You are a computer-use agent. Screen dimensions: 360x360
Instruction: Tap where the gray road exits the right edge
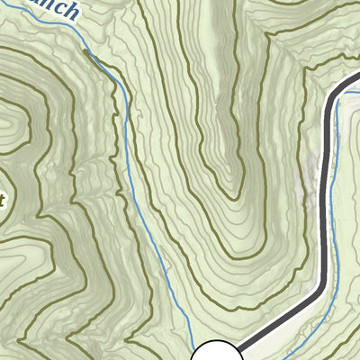click(x=357, y=79)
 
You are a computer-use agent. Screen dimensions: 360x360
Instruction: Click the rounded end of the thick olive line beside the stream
click(x=86, y=52)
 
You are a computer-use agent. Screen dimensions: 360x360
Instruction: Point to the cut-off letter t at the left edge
click(x=3, y=200)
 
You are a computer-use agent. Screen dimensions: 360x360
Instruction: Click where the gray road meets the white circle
click(x=236, y=347)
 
